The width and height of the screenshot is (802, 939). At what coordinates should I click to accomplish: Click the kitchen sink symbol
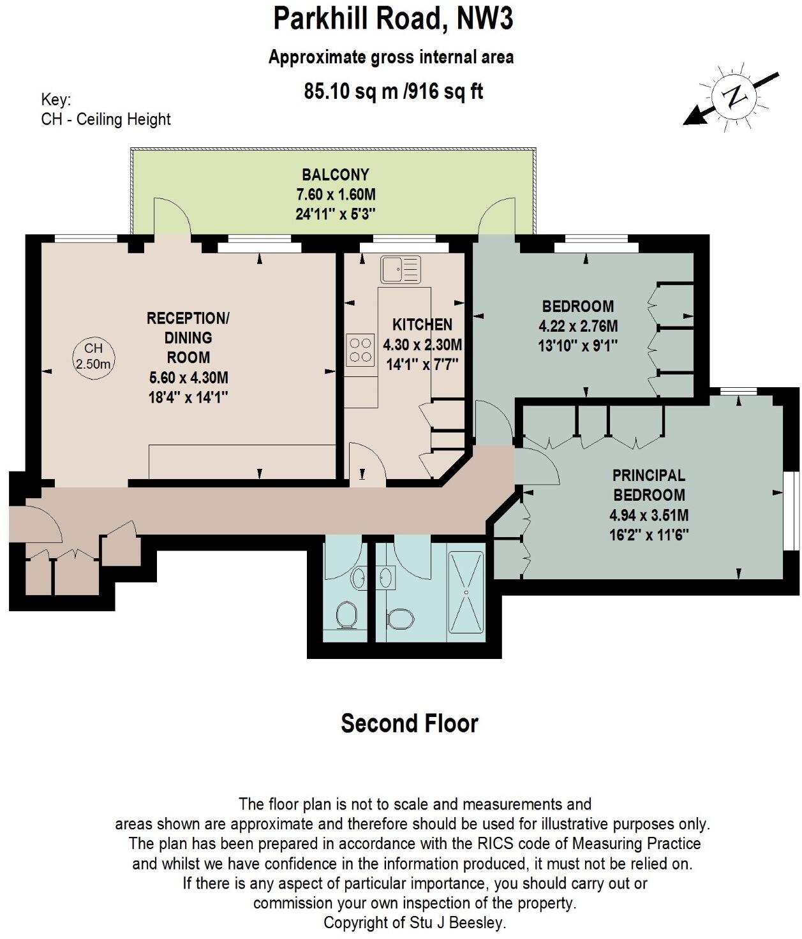(401, 269)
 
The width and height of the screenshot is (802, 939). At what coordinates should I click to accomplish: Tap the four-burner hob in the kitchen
(360, 350)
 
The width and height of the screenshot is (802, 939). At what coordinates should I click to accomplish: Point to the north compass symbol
(734, 98)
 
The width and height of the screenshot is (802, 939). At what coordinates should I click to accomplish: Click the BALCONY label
(336, 175)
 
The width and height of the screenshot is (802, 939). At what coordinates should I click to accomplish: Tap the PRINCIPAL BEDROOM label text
(649, 485)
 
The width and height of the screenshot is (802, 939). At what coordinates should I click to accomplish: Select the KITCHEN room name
(422, 325)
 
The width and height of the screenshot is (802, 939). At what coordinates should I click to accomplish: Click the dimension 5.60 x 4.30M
(188, 378)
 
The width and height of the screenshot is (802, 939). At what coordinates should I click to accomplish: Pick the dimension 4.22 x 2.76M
(578, 326)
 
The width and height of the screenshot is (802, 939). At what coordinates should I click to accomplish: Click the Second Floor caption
(409, 723)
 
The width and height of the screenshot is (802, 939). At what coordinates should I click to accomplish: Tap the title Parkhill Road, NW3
(393, 19)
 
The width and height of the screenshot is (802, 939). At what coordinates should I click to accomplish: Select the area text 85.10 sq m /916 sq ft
(393, 92)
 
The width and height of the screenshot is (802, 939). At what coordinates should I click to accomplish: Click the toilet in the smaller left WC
(346, 614)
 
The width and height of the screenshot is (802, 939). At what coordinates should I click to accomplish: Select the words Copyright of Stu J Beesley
(415, 922)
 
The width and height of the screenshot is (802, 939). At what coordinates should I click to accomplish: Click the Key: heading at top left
(56, 100)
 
